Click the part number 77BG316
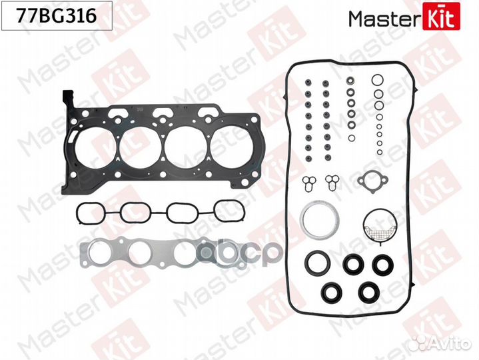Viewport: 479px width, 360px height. point(57,15)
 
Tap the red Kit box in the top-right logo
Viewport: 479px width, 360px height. point(441,16)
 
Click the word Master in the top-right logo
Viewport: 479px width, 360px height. point(384,19)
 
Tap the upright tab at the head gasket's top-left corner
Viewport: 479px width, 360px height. point(68,98)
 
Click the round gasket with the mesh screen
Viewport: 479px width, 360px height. point(380,227)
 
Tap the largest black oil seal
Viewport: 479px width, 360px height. point(318,263)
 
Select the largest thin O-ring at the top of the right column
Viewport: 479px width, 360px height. point(378,80)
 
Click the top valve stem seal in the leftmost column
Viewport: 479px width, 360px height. point(308,83)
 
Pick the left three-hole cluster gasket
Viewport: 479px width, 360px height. point(309,182)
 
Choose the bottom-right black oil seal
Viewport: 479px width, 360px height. point(368,292)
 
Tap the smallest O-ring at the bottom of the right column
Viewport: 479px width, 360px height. point(380,152)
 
